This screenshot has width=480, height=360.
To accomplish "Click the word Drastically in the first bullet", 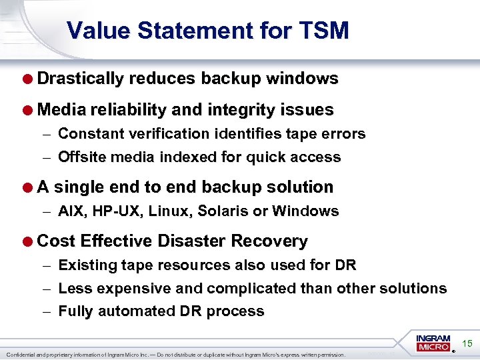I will [81, 79].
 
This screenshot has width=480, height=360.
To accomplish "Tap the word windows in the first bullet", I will [302, 79].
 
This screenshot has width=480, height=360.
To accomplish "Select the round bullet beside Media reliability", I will [29, 109].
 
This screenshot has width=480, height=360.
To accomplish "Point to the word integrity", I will [243, 109].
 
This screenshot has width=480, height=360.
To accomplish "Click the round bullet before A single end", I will [29, 187].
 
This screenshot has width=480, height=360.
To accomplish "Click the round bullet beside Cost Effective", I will [29, 241].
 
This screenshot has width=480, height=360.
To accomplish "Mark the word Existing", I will [85, 265].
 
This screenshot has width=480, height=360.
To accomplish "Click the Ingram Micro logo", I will [434, 343].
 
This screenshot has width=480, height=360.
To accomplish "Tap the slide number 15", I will [467, 343].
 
